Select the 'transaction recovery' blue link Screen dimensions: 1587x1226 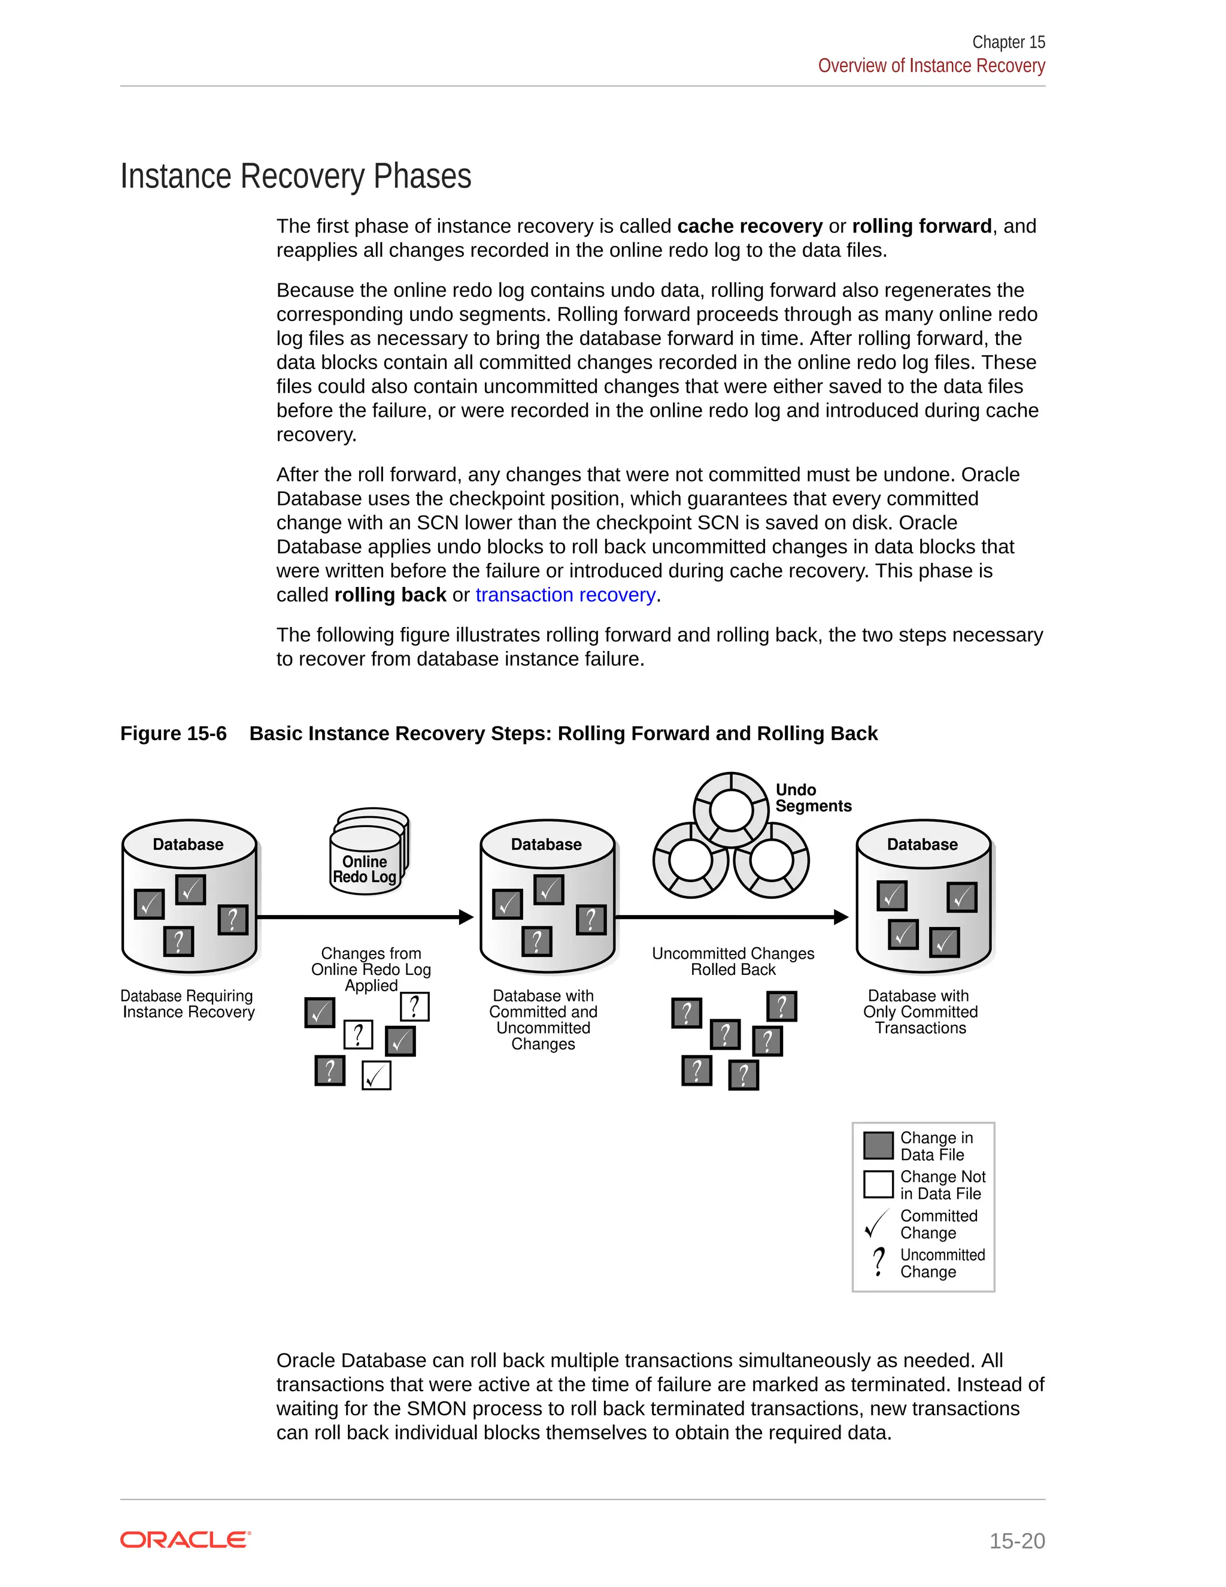coord(565,595)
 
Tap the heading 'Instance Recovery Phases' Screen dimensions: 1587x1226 coord(296,177)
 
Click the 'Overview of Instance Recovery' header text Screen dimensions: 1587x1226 coord(931,65)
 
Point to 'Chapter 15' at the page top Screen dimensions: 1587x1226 coord(1008,42)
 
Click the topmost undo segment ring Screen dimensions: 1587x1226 coord(731,810)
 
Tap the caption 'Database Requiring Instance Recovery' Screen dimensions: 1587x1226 coord(188,1004)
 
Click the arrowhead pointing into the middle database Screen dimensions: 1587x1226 coord(466,917)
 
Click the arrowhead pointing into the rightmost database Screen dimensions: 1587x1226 coord(841,917)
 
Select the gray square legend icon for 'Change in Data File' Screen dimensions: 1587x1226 coord(878,1145)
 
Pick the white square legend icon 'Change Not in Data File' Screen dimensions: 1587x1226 coord(878,1185)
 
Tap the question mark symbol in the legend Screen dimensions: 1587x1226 coord(879,1262)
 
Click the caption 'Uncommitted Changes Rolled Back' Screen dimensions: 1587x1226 coord(733,961)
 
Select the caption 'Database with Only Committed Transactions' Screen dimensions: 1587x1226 coord(920,1011)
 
